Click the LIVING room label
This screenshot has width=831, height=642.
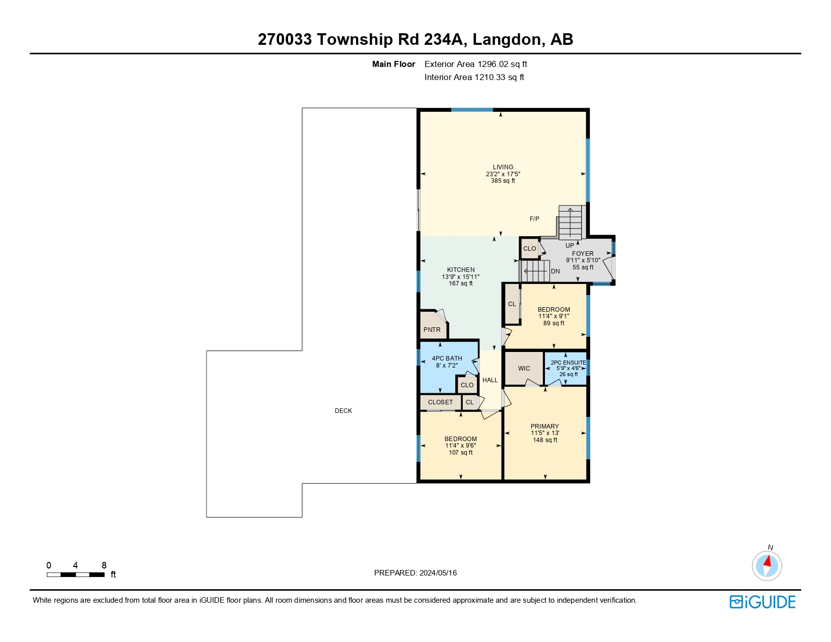(503, 167)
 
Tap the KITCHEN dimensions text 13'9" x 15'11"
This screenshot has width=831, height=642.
(460, 276)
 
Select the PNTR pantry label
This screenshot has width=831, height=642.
(432, 329)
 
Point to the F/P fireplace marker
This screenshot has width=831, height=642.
(534, 219)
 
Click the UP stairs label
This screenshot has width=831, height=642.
(570, 245)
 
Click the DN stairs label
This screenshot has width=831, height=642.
(555, 271)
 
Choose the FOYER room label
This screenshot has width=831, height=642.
(583, 253)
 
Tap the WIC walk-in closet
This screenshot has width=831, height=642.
(524, 368)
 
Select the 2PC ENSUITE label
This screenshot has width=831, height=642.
(568, 362)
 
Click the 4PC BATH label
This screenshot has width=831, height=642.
(447, 358)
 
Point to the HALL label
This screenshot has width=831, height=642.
(490, 380)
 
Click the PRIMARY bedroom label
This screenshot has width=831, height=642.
(544, 426)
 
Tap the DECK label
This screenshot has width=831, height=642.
(343, 410)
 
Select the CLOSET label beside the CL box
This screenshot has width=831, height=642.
(440, 402)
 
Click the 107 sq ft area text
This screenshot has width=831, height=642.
(460, 452)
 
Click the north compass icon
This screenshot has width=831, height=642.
(767, 565)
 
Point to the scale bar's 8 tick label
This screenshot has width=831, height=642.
(104, 565)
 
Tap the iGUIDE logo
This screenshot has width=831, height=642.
(763, 602)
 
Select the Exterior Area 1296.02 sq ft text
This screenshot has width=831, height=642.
(475, 64)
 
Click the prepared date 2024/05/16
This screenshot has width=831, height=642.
(438, 573)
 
